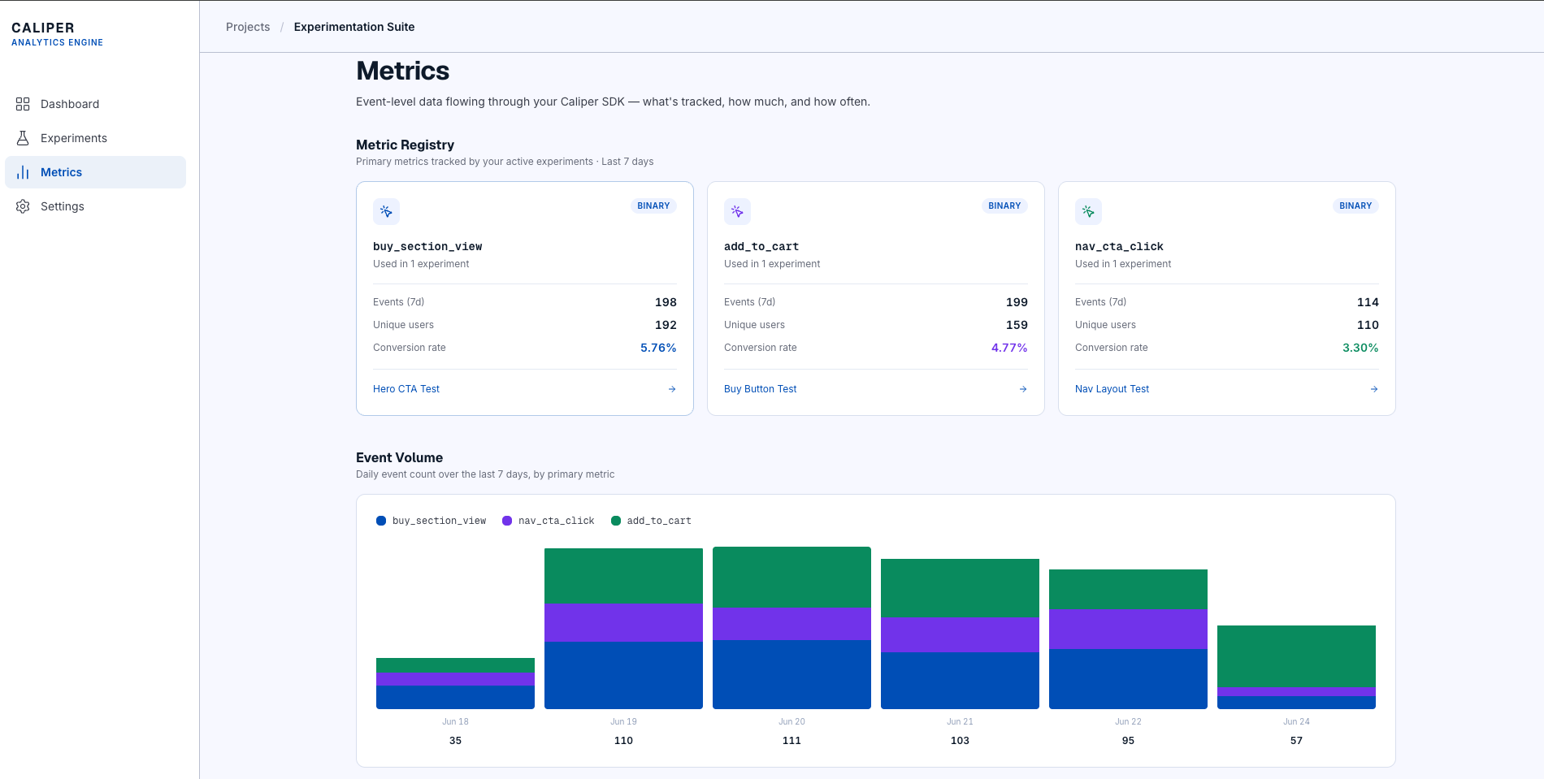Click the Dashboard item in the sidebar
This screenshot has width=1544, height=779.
(70, 104)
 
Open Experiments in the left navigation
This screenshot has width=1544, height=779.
(73, 138)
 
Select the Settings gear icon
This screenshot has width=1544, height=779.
(23, 206)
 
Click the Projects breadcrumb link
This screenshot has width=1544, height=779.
(248, 27)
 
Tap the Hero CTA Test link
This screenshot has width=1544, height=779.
(406, 389)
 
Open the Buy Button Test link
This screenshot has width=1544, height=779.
(761, 389)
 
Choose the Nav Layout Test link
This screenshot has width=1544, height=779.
(1112, 389)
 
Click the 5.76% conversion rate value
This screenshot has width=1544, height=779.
(658, 348)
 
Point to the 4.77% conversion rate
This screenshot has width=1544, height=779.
(1009, 348)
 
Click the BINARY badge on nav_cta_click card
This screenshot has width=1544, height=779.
(1355, 206)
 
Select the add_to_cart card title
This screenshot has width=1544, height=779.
(761, 246)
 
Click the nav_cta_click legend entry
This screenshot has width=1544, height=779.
(549, 521)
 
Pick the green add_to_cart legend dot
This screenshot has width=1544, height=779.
(616, 521)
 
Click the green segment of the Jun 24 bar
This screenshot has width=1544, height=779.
(1296, 656)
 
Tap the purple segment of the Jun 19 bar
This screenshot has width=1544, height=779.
(623, 623)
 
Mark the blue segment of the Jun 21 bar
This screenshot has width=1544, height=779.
(960, 681)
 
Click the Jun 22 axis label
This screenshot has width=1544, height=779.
(1128, 721)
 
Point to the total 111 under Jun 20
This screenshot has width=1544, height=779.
(792, 741)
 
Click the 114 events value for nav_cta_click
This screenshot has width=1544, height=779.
(1368, 302)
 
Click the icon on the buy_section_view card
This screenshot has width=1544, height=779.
(386, 211)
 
